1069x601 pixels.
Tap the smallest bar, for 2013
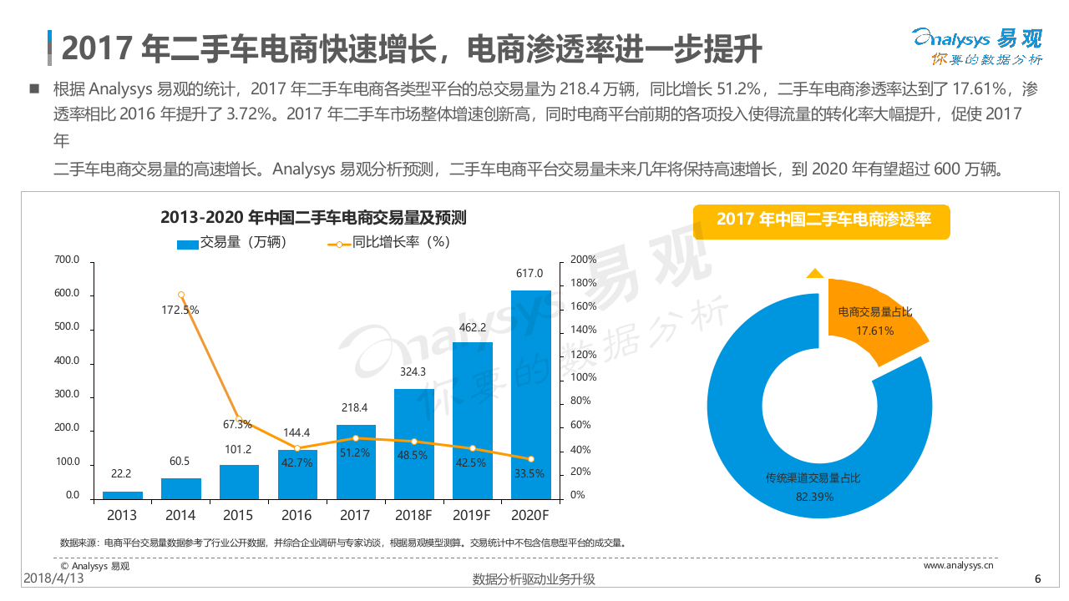click(x=122, y=495)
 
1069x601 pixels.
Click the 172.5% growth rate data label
click(x=180, y=310)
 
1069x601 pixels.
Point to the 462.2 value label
click(x=473, y=327)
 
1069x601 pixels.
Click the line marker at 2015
click(x=239, y=420)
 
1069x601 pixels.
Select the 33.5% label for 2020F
click(x=529, y=473)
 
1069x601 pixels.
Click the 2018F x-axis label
click(x=413, y=515)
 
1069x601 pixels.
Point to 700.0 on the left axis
click(x=67, y=260)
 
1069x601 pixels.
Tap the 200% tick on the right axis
click(x=583, y=260)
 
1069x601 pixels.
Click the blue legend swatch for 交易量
click(x=187, y=243)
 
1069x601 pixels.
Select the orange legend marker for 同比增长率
click(x=339, y=243)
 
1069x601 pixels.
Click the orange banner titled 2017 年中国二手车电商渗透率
click(x=823, y=220)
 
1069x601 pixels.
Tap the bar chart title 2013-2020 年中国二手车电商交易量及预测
click(x=313, y=219)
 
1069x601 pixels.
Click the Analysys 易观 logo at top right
click(x=976, y=47)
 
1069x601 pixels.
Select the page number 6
click(x=1037, y=579)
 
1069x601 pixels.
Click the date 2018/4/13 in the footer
click(x=54, y=578)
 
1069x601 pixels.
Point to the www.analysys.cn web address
click(x=958, y=565)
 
